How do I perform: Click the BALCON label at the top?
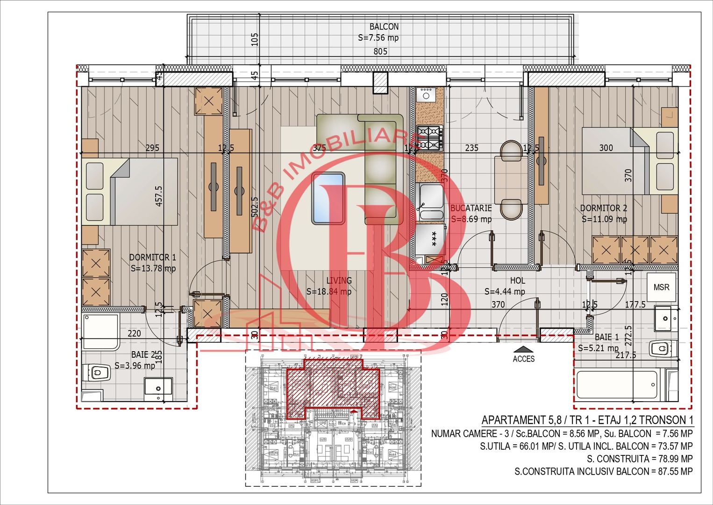pos(384,27)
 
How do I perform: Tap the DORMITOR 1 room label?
pos(152,257)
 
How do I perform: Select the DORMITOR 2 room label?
pos(603,208)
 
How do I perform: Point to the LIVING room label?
pos(339,281)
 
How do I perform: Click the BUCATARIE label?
pos(471,208)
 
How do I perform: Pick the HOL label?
pos(517,281)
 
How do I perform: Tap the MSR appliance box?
pos(661,287)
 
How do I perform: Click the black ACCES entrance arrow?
pos(524,349)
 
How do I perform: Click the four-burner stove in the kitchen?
pos(429,137)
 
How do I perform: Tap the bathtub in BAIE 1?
pos(617,385)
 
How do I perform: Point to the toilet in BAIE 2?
pos(96,373)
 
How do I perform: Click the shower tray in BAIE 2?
pos(101,332)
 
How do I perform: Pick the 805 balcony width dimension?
pos(380,51)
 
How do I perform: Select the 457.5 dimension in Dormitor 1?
pos(159,196)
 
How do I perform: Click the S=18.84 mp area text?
pos(328,292)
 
